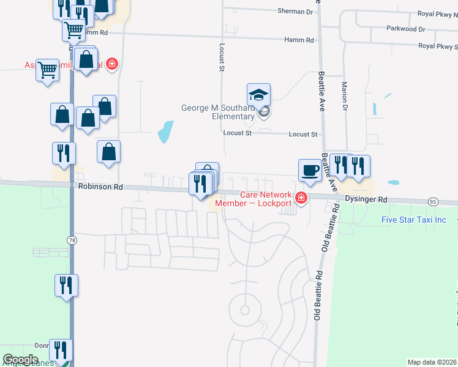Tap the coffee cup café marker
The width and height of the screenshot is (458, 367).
(310, 170)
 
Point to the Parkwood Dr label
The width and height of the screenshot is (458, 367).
(405, 29)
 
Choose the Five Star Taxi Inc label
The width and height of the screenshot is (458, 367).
(414, 220)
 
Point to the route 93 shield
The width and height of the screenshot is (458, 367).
(434, 201)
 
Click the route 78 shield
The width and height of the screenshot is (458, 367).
(73, 241)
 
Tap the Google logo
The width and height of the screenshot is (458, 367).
(20, 360)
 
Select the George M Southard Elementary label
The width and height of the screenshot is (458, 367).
(217, 112)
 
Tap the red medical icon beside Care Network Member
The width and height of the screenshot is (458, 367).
(301, 198)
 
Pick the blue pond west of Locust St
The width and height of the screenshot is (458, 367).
(165, 132)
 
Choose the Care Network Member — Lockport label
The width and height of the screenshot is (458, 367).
(253, 199)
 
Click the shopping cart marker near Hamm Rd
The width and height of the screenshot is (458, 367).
(73, 29)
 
